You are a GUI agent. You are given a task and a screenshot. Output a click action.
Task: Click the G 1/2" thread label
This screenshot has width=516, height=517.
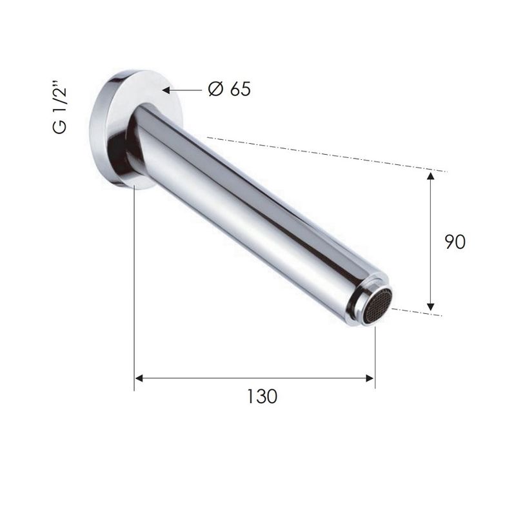[x=60, y=110]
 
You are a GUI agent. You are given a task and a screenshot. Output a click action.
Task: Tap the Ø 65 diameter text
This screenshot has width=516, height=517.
[x=229, y=89]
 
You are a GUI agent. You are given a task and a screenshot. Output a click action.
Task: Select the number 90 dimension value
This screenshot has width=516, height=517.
[x=455, y=242]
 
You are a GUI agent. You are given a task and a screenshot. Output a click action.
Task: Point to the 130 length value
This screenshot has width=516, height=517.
[x=263, y=396]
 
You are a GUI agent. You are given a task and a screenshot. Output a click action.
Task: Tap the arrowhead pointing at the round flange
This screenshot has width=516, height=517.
[x=166, y=90]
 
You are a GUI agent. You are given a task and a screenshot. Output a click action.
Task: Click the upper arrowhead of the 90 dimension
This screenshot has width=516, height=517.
[x=430, y=175]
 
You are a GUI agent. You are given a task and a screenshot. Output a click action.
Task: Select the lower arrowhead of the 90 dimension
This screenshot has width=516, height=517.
[x=430, y=307]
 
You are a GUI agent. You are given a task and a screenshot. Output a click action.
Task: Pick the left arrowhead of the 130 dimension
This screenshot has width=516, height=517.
[x=139, y=378]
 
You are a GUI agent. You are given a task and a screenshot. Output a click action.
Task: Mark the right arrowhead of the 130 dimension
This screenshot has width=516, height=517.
[x=370, y=378]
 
